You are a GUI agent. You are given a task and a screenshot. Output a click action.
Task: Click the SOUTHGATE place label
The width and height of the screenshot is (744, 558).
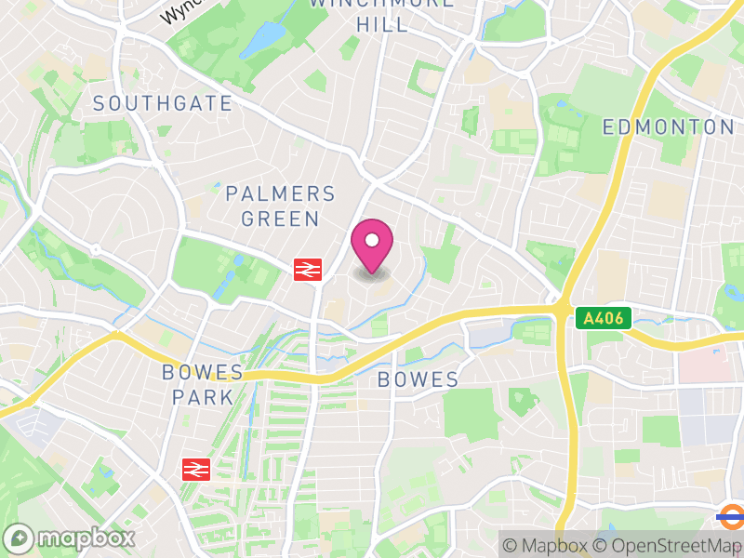click(x=163, y=103)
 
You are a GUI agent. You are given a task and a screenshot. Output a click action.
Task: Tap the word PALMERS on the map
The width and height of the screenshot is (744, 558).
click(x=280, y=194)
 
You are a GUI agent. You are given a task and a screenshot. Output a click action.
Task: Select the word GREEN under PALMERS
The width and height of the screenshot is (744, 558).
click(x=280, y=219)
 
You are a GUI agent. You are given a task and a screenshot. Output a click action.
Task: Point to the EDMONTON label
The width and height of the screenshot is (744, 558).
click(x=668, y=127)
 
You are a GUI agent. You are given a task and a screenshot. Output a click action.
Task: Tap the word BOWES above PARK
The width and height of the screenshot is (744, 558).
click(x=202, y=373)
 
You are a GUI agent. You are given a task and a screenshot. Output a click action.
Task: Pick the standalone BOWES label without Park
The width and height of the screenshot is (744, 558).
click(x=418, y=379)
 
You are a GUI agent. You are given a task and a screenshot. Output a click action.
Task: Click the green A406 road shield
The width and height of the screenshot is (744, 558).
click(x=603, y=319)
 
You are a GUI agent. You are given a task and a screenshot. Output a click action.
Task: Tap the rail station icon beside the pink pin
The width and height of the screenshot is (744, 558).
click(x=307, y=270)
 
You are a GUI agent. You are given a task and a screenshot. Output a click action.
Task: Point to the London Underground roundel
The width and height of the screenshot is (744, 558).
click(x=730, y=514)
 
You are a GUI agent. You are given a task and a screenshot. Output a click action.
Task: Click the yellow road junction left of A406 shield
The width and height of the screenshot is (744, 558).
click(x=563, y=307)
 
